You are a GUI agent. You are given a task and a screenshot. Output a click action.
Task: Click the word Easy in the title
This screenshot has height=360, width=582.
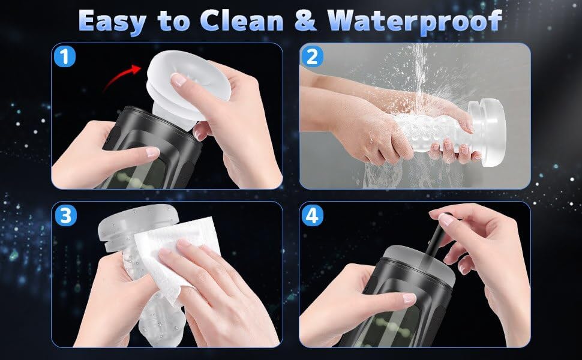[x=112, y=21]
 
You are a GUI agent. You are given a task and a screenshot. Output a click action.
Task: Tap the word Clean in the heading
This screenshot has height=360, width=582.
[x=242, y=20]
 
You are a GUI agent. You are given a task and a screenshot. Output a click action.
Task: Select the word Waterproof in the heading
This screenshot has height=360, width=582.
[x=415, y=22]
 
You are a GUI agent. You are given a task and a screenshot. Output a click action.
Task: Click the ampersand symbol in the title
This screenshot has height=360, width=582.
[x=305, y=21]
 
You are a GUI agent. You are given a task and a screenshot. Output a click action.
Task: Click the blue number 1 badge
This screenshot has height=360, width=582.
[x=65, y=57]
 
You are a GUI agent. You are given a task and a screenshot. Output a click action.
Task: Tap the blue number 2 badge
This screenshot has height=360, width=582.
[x=312, y=57]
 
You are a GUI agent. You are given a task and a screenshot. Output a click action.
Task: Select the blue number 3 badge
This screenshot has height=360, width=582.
[x=65, y=215]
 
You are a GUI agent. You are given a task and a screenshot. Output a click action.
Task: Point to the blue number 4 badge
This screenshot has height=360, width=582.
[x=312, y=215]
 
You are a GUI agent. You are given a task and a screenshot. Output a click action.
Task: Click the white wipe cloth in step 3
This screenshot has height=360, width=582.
[x=175, y=256]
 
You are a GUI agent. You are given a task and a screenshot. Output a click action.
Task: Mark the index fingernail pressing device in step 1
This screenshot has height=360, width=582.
[x=152, y=152]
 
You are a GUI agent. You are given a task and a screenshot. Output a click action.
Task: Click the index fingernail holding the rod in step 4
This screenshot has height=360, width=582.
[x=446, y=220]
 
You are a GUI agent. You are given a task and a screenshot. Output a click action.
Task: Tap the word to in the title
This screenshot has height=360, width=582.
[x=173, y=22]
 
